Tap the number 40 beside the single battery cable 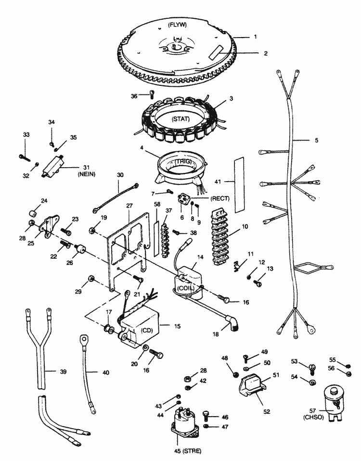click(x=106, y=372)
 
